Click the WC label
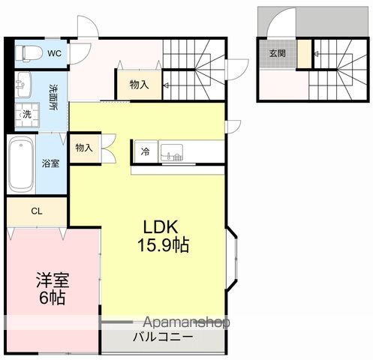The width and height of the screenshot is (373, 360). [56, 53]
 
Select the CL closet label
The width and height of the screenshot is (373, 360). [36, 211]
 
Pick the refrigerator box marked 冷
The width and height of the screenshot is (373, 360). [144, 151]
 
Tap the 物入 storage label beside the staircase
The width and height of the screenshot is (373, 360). [139, 85]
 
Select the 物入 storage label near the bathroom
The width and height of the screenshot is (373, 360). [83, 148]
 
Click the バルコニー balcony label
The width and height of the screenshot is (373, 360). [163, 337]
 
